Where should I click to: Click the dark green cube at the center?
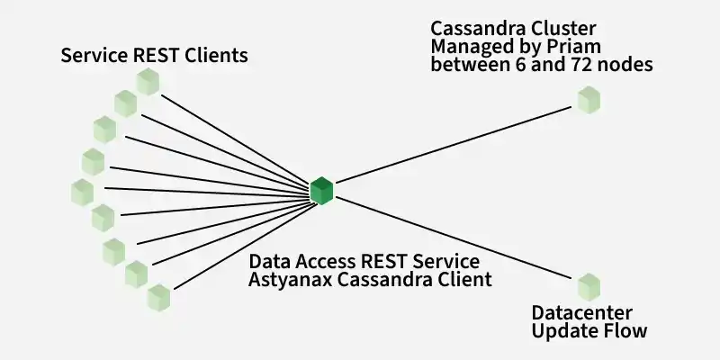coord(321,191)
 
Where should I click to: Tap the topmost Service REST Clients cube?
coord(148,82)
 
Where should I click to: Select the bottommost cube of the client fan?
coord(159,298)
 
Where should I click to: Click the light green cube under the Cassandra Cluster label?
coord(589,100)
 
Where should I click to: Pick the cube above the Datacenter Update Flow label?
coord(589,287)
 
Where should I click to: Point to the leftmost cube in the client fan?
coord(83,193)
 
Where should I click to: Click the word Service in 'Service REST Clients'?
coord(94,56)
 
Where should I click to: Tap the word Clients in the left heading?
coord(216,56)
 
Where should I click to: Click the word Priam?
coord(575,47)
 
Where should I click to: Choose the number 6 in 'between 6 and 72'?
coord(517,65)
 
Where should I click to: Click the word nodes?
coord(624,65)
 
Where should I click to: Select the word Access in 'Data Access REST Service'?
coord(326,262)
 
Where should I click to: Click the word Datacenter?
coord(581,313)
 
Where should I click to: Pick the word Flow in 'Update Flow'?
coord(627,330)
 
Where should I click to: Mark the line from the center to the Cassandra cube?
coord(454,145)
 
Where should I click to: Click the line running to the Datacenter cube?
coord(454,238)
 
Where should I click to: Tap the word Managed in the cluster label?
coord(474,48)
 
